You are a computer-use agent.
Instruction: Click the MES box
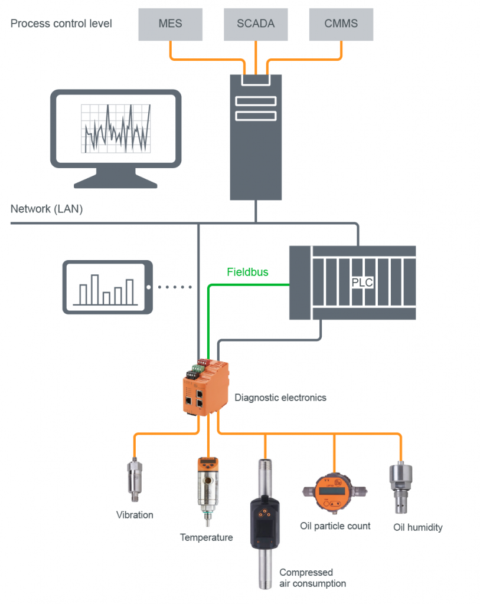point(171,24)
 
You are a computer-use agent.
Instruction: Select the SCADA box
point(256,24)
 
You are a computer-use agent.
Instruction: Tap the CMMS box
point(341,24)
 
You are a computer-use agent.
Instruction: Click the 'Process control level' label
point(61,24)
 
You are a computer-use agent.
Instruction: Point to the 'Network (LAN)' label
point(47,209)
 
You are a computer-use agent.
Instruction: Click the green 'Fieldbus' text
point(247,273)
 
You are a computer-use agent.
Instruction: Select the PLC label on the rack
point(362,282)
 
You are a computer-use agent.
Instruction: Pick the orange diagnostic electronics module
point(204,387)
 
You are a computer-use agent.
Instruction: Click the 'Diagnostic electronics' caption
point(280,398)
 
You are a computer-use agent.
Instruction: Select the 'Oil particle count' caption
point(335,526)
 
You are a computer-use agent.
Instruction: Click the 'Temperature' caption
point(206,537)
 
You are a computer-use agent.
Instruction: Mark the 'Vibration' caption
point(135,515)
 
